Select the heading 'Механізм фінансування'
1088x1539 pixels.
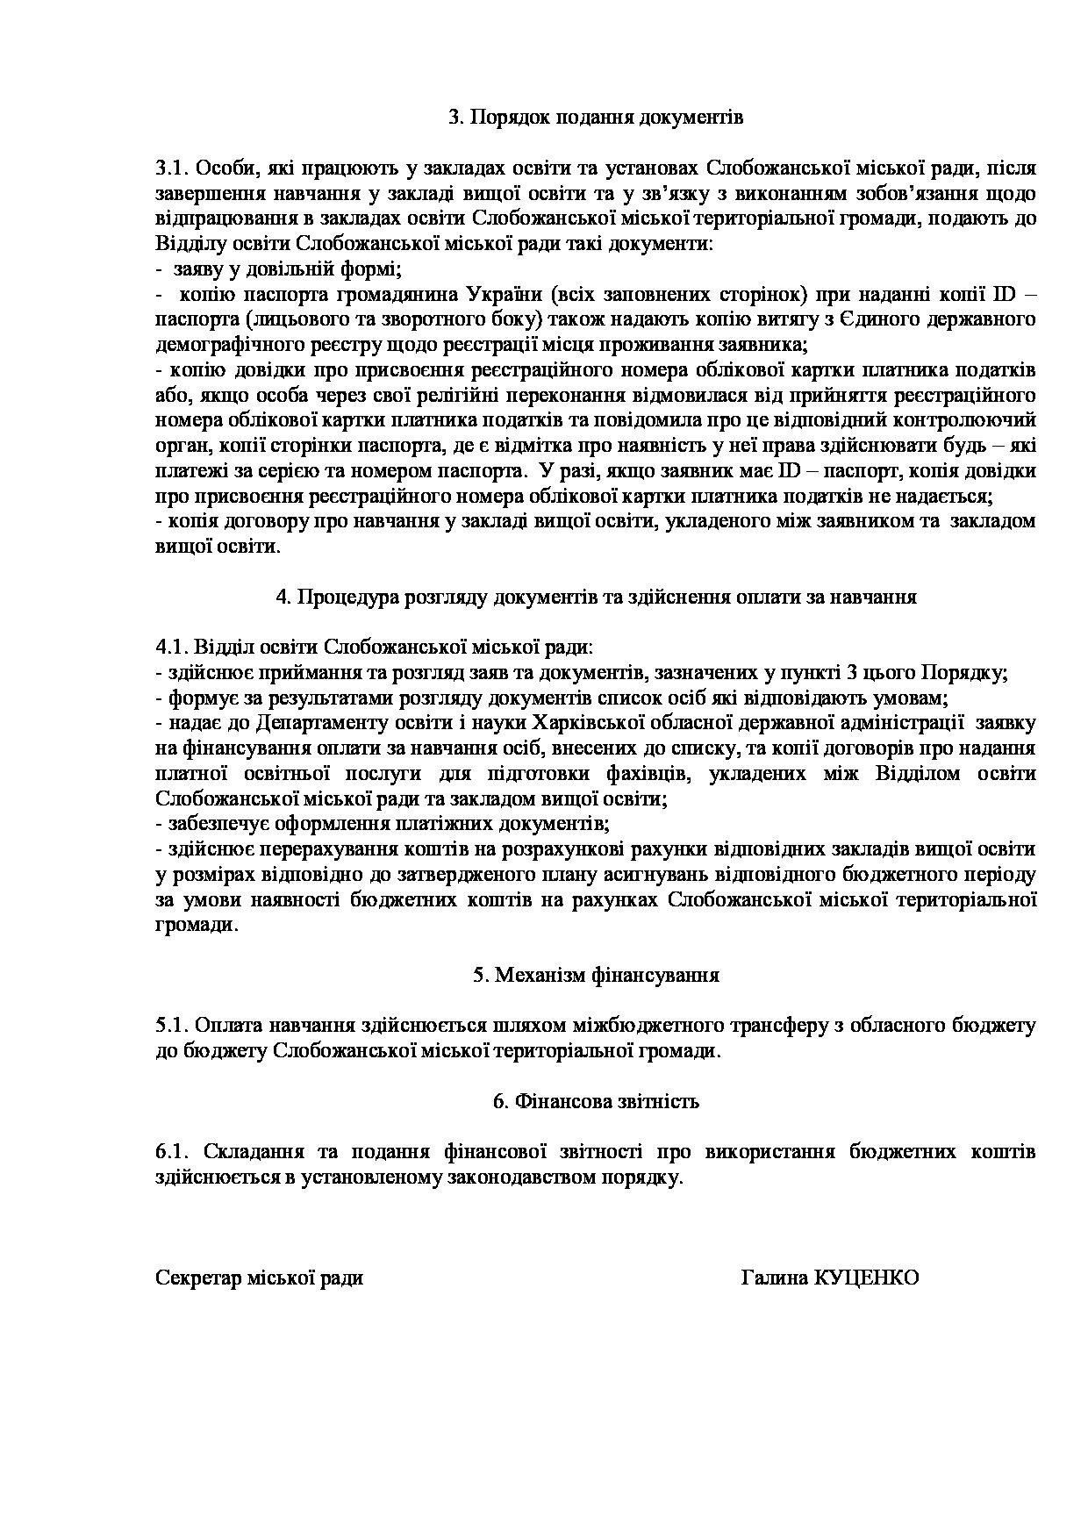(607, 975)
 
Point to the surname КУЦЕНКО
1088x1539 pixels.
(867, 1278)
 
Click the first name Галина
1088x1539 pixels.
(775, 1278)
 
